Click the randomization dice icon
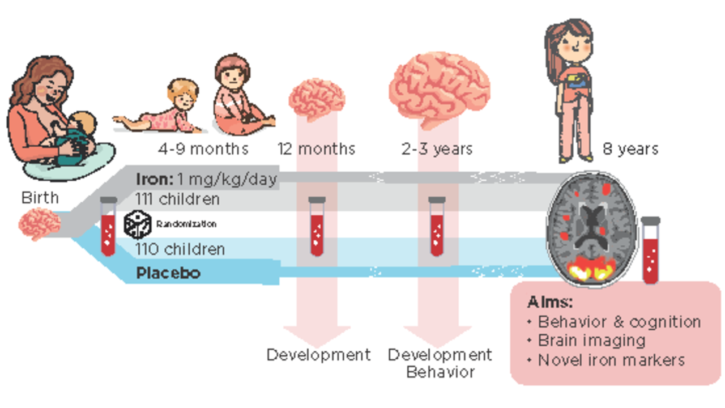[138, 224]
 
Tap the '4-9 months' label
[203, 149]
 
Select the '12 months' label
[316, 149]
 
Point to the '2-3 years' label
[437, 150]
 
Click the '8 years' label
[630, 150]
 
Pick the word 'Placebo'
[168, 273]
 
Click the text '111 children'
[177, 199]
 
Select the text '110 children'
[180, 249]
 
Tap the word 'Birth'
[40, 198]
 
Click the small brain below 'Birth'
[40, 224]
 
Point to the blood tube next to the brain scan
[651, 250]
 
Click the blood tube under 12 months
[317, 226]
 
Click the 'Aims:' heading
[550, 303]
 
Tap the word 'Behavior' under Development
[441, 372]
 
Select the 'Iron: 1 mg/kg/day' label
[207, 180]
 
